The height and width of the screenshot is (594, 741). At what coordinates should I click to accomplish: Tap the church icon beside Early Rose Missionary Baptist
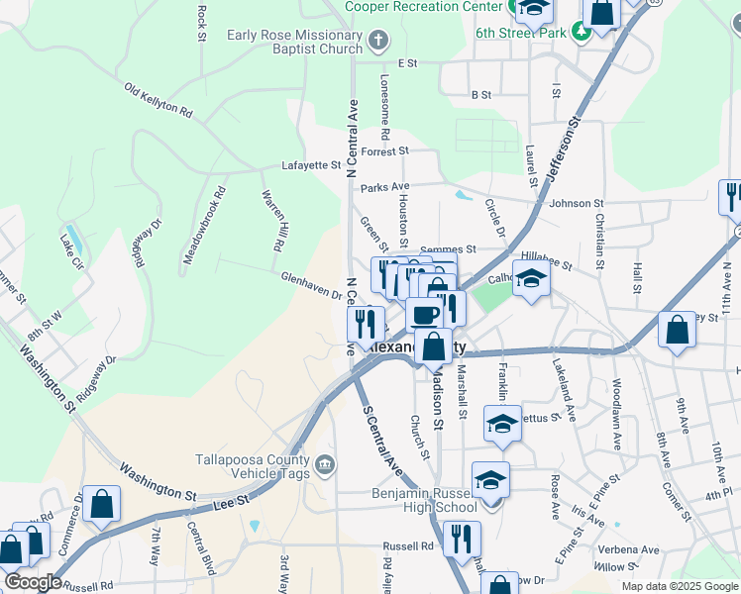(376, 42)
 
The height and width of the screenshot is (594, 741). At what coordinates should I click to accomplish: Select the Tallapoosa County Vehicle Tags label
(251, 464)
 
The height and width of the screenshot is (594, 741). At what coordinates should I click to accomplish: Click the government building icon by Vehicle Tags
(325, 464)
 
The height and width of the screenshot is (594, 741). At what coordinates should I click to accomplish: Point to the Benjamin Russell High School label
(424, 500)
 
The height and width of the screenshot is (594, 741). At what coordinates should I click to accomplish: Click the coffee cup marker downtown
(425, 315)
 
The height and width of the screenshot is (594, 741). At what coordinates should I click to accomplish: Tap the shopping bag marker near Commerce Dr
(101, 504)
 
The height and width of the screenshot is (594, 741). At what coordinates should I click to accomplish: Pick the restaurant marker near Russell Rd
(461, 539)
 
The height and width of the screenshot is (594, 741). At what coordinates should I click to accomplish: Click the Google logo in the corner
(32, 582)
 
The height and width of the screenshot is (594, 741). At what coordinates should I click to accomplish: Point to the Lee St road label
(229, 505)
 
